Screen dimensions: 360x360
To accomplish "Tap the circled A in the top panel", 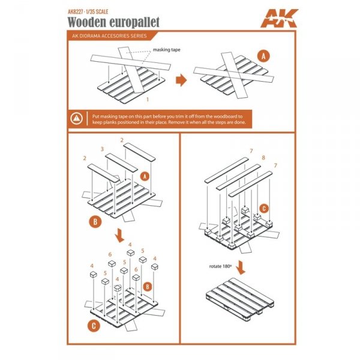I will coord(263,56).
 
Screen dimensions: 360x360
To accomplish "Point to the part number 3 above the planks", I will coord(103,148).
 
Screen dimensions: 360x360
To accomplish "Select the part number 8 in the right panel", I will coord(263,158).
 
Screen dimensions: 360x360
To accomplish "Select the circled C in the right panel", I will coord(262,208).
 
